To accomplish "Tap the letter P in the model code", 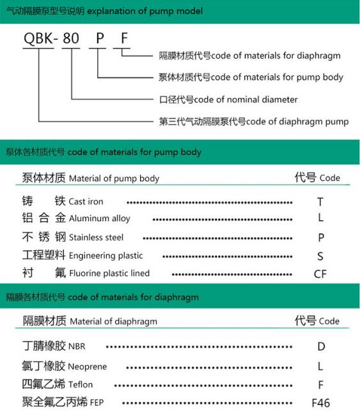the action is [x=99, y=38].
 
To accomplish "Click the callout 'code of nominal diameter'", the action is [x=228, y=99].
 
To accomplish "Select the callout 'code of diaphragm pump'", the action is [x=253, y=121].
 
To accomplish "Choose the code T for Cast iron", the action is [x=320, y=202].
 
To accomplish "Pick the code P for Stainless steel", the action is [x=321, y=237].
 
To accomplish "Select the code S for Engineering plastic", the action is [x=320, y=256].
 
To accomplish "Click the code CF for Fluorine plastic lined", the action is [x=320, y=274].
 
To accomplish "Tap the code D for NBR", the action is [x=321, y=347].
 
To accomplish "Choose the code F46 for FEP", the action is [x=320, y=403].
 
